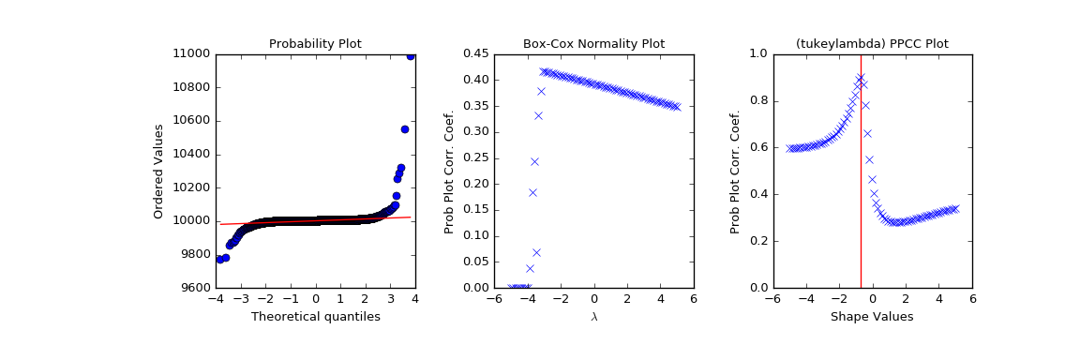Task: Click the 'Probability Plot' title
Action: point(315,44)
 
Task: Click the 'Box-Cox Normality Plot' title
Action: point(593,44)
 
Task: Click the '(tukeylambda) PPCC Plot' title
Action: point(872,44)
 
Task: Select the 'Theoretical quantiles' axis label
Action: point(315,317)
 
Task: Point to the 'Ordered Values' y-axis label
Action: point(159,171)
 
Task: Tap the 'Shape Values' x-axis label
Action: point(872,317)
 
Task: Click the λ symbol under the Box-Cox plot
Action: point(593,317)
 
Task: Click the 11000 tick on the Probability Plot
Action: point(192,53)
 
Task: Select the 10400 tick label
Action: point(192,154)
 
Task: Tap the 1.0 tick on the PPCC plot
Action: point(757,53)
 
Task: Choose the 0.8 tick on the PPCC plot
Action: point(757,100)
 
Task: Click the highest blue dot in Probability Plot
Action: point(410,55)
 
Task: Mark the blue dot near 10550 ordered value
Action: point(405,129)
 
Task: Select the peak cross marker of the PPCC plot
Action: point(860,77)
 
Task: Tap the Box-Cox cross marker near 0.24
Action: point(534,161)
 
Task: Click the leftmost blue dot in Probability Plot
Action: point(219,259)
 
